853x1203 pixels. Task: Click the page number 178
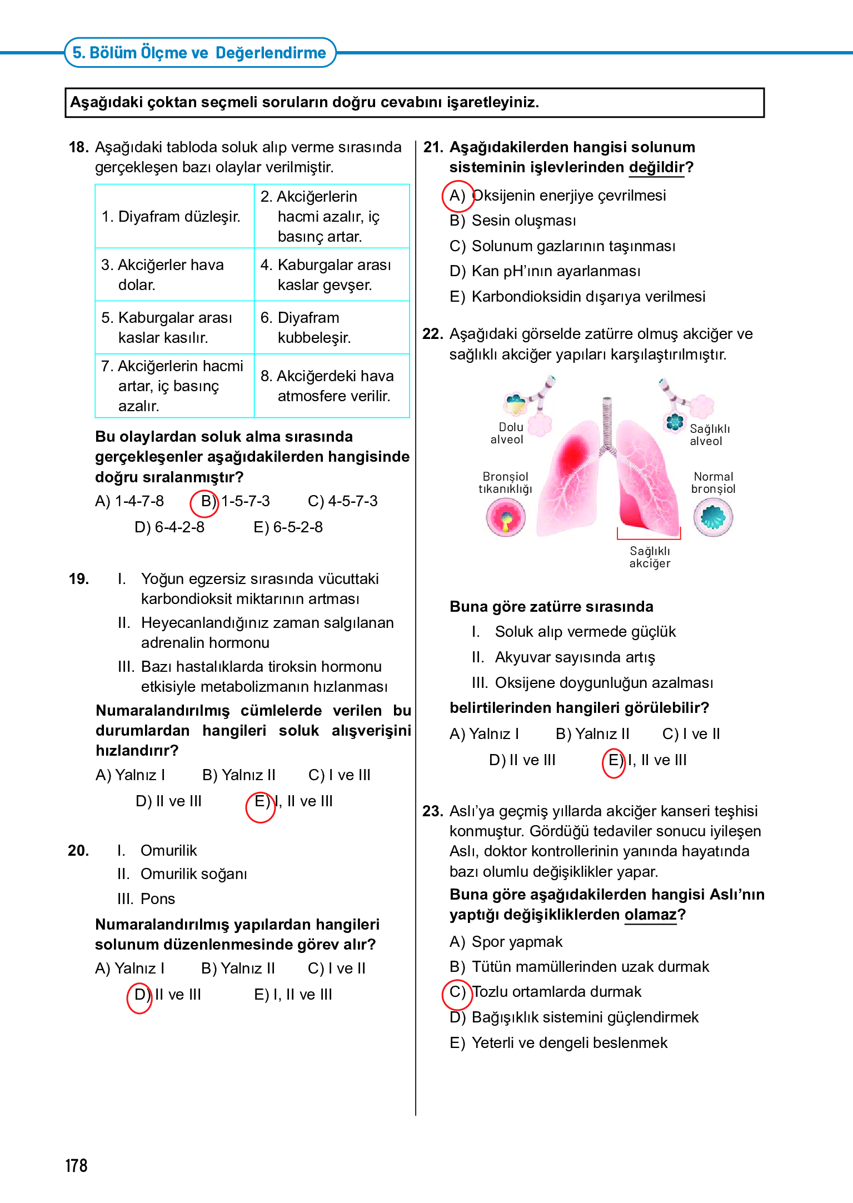pyautogui.click(x=76, y=1165)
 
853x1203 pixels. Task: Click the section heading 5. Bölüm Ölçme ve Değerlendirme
pyautogui.click(x=199, y=53)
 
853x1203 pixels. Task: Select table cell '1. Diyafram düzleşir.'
pyautogui.click(x=171, y=217)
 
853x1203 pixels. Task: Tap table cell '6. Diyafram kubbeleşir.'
pyautogui.click(x=315, y=327)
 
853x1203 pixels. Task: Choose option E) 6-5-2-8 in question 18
pyautogui.click(x=288, y=527)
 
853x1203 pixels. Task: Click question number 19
pyautogui.click(x=79, y=579)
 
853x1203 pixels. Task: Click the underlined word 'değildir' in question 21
pyautogui.click(x=656, y=167)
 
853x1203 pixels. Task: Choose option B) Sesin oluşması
pyautogui.click(x=513, y=221)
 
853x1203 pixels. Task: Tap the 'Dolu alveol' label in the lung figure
pyautogui.click(x=507, y=433)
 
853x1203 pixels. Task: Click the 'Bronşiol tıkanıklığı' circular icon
pyautogui.click(x=506, y=517)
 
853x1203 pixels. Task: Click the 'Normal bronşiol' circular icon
pyautogui.click(x=713, y=517)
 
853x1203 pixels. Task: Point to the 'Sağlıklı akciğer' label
pyautogui.click(x=650, y=557)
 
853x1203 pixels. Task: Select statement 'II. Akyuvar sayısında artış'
pyautogui.click(x=563, y=657)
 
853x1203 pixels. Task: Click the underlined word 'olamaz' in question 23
pyautogui.click(x=650, y=915)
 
